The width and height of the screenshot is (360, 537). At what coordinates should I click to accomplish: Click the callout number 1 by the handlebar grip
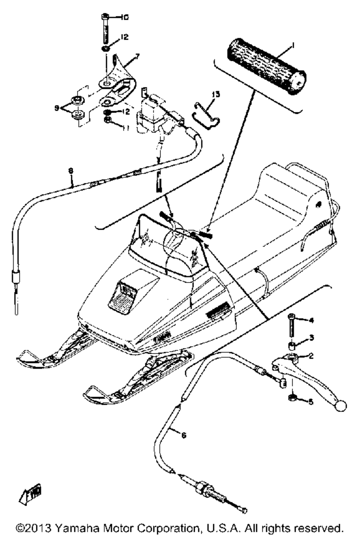pyautogui.click(x=293, y=45)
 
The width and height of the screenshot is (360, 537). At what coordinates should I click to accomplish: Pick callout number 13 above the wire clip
pyautogui.click(x=216, y=94)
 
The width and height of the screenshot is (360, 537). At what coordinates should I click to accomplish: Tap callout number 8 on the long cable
pyautogui.click(x=71, y=172)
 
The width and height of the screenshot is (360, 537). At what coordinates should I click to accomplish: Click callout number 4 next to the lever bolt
pyautogui.click(x=311, y=320)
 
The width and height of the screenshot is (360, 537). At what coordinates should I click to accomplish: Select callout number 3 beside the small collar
pyautogui.click(x=311, y=338)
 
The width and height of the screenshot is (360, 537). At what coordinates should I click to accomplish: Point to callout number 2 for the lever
pyautogui.click(x=311, y=356)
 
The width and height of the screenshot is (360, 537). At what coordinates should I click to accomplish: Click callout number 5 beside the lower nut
pyautogui.click(x=311, y=400)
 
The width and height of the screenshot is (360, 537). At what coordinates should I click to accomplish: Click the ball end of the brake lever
pyautogui.click(x=341, y=406)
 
